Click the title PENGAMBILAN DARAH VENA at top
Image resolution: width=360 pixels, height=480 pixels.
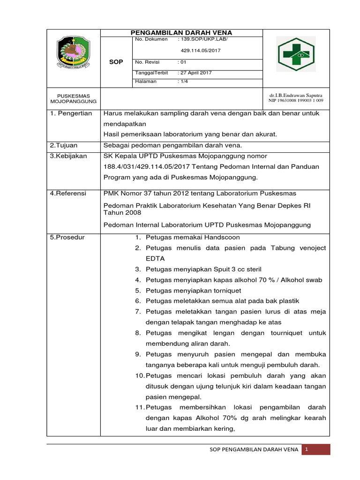tap(181, 32)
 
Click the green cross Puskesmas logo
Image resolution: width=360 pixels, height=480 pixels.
tap(296, 54)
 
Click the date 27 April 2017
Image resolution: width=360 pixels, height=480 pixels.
tap(195, 73)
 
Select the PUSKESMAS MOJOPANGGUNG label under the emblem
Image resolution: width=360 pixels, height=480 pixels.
tap(74, 98)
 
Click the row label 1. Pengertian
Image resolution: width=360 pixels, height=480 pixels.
tap(71, 114)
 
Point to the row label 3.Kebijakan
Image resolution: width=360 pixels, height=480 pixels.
tap(68, 156)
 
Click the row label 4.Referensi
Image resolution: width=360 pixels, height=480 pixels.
tap(68, 194)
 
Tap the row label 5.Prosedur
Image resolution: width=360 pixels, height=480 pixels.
tap(67, 238)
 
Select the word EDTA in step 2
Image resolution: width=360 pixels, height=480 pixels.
tap(155, 258)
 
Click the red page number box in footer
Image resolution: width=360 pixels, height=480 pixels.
tap(315, 450)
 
